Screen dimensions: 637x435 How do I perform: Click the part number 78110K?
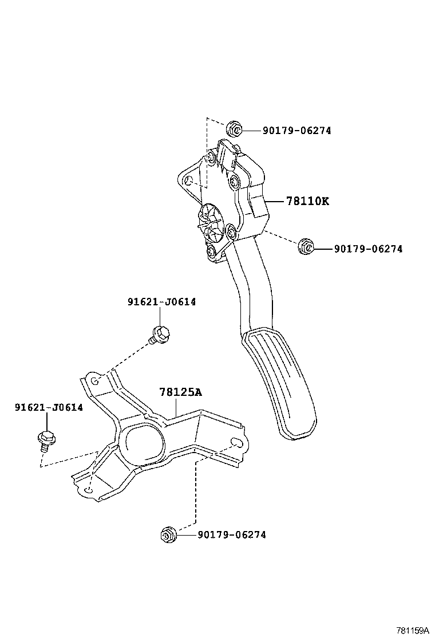[x=307, y=201]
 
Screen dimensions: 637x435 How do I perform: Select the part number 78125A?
[x=180, y=392]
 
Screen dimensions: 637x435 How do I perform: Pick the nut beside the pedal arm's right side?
[x=306, y=247]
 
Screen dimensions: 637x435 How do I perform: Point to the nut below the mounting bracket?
[x=168, y=534]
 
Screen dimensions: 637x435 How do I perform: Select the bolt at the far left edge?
[x=45, y=439]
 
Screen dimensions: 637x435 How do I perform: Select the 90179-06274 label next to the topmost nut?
[x=296, y=131]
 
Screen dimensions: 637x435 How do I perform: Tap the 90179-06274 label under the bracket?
[x=231, y=535]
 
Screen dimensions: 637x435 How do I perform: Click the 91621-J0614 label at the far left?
[x=49, y=407]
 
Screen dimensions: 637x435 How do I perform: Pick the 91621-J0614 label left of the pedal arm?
[x=161, y=302]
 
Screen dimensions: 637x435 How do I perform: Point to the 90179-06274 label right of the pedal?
[x=367, y=249]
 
